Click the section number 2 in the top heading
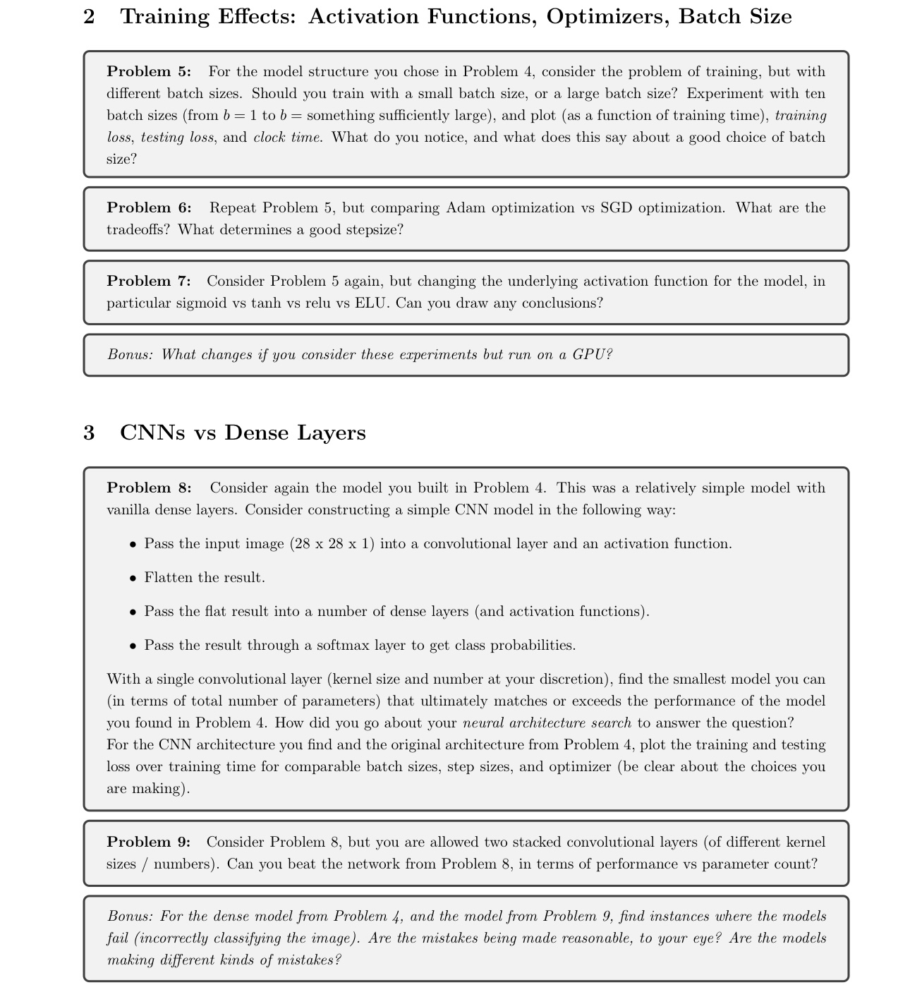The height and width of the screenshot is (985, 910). [89, 16]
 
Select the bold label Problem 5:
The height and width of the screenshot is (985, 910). [149, 71]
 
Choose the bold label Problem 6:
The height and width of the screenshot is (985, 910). [149, 207]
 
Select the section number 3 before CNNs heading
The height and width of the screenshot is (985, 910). [89, 433]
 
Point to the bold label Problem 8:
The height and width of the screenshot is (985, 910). [149, 488]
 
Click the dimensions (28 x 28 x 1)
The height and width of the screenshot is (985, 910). [332, 543]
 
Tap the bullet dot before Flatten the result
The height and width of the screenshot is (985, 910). [133, 578]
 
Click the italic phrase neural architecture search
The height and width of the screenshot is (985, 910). [547, 723]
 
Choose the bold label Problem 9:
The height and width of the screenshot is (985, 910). [149, 842]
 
